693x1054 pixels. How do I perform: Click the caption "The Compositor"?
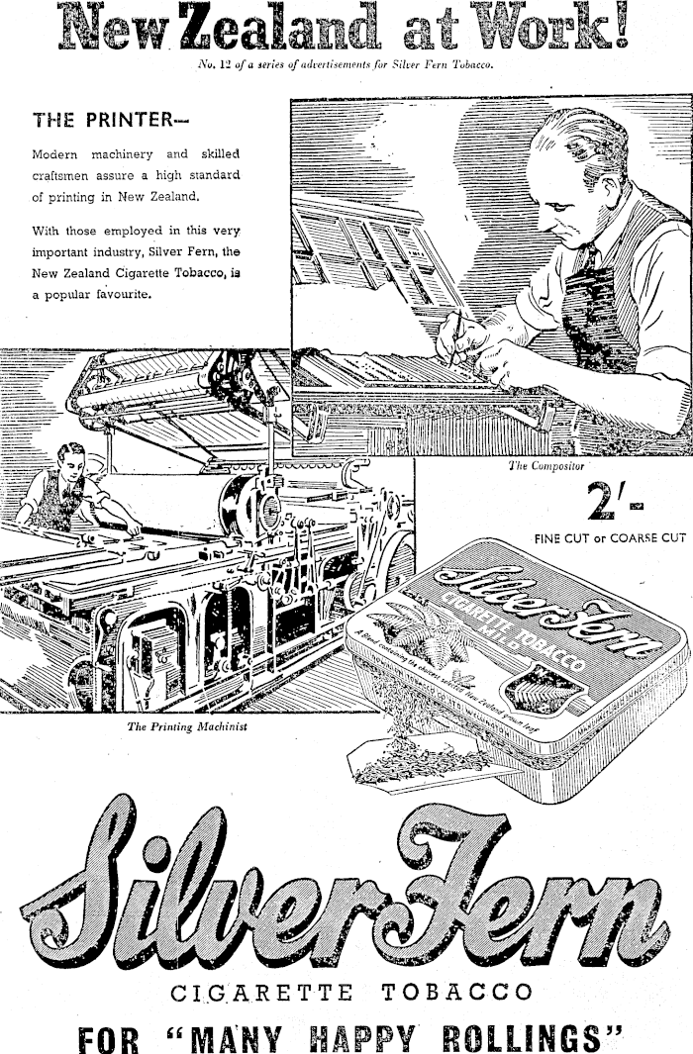[545, 464]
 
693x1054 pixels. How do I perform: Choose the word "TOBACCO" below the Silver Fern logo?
[455, 992]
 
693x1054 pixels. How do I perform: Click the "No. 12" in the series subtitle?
[215, 66]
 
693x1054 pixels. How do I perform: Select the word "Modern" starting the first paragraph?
[58, 155]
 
